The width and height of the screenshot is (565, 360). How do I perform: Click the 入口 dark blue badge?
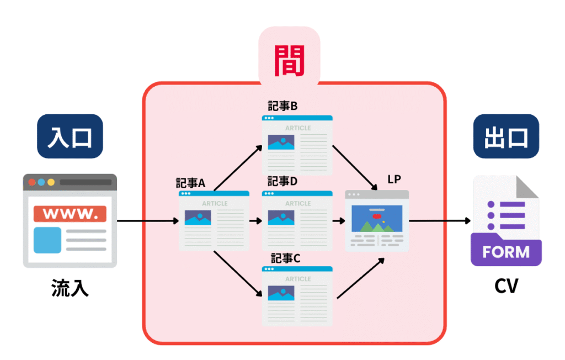pyautogui.click(x=70, y=136)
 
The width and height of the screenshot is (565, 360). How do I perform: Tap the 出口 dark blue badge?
pyautogui.click(x=506, y=136)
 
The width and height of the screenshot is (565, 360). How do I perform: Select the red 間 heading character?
pyautogui.click(x=289, y=61)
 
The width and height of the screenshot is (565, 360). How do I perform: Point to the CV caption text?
pyautogui.click(x=506, y=287)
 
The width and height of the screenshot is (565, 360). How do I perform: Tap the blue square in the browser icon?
pyautogui.click(x=47, y=240)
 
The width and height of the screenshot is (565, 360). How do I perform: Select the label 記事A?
pyautogui.click(x=190, y=183)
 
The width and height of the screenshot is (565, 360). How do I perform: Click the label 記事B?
pyautogui.click(x=282, y=107)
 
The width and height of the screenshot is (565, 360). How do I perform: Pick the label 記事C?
pyautogui.click(x=285, y=258)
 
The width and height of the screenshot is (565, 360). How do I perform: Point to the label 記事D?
pyautogui.click(x=282, y=182)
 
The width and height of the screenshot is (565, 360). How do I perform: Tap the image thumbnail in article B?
pyautogui.click(x=281, y=142)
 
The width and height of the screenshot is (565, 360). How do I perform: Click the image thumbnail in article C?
pyautogui.click(x=281, y=293)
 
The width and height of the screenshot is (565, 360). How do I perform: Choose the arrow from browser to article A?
pyautogui.click(x=148, y=221)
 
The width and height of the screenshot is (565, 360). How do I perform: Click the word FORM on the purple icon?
pyautogui.click(x=506, y=252)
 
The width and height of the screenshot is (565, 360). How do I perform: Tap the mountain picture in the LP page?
pyautogui.click(x=377, y=219)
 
